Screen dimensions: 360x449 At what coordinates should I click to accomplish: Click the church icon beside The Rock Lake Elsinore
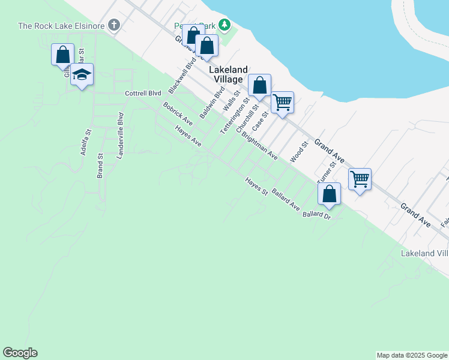pyautogui.click(x=114, y=25)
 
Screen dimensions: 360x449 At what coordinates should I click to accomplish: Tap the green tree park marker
pyautogui.click(x=224, y=25)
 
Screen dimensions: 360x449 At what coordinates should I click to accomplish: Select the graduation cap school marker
pyautogui.click(x=82, y=75)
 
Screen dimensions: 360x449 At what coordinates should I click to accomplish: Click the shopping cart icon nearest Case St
pyautogui.click(x=282, y=102)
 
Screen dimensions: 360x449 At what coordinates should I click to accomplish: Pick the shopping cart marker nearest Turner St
pyautogui.click(x=360, y=179)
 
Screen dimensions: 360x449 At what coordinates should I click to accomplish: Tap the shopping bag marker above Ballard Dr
pyautogui.click(x=329, y=194)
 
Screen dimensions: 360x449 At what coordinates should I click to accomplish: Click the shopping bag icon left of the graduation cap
pyautogui.click(x=62, y=55)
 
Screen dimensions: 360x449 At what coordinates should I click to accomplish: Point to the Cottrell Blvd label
pyautogui.click(x=143, y=94)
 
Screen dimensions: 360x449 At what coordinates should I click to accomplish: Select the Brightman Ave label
pyautogui.click(x=259, y=146)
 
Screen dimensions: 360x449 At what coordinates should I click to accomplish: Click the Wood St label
pyautogui.click(x=298, y=152)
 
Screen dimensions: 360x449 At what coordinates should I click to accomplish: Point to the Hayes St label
pyautogui.click(x=256, y=187)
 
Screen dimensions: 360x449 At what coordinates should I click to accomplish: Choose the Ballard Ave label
pyautogui.click(x=286, y=200)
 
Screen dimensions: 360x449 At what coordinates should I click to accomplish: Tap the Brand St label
pyautogui.click(x=100, y=166)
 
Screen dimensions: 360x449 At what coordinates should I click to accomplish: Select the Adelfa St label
pyautogui.click(x=85, y=143)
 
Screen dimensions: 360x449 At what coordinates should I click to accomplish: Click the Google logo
pyautogui.click(x=20, y=353)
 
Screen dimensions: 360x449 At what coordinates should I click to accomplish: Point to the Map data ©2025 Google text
pyautogui.click(x=412, y=355)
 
